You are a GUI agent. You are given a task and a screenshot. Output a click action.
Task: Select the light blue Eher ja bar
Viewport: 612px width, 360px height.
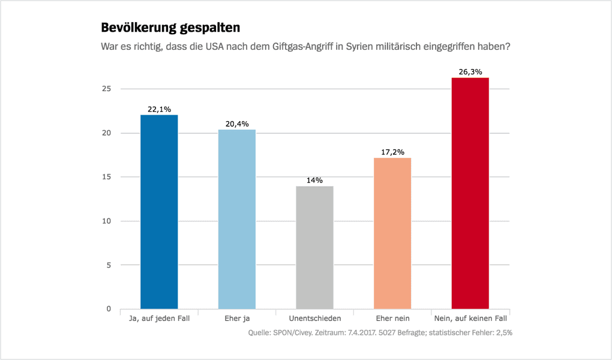(x=237, y=219)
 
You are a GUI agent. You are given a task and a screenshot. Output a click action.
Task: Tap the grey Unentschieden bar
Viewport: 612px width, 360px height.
(x=314, y=247)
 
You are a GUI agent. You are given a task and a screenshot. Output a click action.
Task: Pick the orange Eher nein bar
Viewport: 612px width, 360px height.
(x=392, y=233)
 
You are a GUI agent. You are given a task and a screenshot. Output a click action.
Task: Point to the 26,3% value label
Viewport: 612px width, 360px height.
(x=470, y=72)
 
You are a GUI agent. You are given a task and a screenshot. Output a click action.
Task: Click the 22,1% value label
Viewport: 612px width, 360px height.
(x=159, y=109)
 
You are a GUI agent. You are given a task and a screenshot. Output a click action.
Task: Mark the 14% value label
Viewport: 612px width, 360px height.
(x=314, y=180)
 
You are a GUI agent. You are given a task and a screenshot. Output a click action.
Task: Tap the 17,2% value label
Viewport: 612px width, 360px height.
(x=392, y=152)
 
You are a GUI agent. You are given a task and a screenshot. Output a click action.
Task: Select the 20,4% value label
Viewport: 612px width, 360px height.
(x=237, y=124)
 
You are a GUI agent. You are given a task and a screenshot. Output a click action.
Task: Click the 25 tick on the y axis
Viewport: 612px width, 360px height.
(x=107, y=89)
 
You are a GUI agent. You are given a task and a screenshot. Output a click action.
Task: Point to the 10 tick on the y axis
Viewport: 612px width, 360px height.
(x=107, y=221)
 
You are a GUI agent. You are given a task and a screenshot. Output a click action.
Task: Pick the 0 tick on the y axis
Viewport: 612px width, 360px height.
(x=109, y=309)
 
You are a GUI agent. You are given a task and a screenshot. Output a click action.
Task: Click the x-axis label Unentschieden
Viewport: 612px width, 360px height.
(x=314, y=319)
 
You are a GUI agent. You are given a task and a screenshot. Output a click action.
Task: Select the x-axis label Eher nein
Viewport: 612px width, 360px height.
(x=392, y=319)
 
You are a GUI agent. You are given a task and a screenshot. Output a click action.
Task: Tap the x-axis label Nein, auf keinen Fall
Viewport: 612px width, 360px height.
(x=470, y=319)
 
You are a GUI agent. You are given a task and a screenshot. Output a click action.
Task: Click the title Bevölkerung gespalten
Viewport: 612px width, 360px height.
(x=170, y=28)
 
